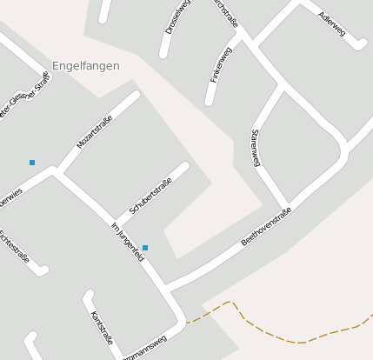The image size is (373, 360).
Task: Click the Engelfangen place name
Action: coord(86,65)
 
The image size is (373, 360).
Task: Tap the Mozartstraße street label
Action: coord(95,130)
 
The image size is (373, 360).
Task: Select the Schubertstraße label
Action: coord(150,196)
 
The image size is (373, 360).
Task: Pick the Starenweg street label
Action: coord(256,148)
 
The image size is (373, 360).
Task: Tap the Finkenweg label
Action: coord(221,65)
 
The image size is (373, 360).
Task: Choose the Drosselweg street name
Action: coord(177,18)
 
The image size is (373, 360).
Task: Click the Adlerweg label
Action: coord(331,23)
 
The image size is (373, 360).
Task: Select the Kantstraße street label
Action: coord(102,325)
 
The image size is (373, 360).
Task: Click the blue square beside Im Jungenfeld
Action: coord(145,248)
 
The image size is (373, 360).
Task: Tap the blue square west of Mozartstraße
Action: coord(32,162)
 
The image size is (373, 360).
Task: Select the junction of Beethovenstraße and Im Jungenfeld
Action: coord(167,287)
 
